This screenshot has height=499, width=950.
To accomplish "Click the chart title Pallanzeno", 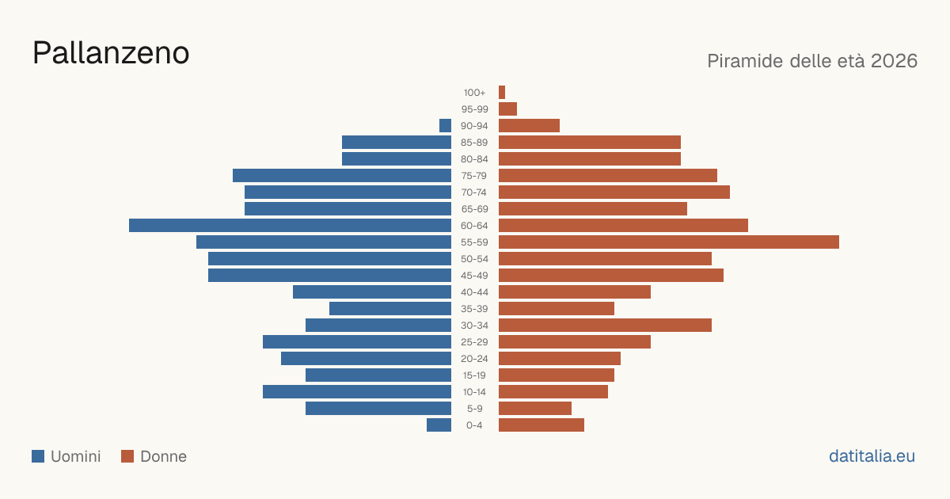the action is [x=111, y=53].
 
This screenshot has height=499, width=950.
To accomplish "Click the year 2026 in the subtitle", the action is [x=894, y=61].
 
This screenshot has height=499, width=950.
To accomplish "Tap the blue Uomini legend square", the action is [x=38, y=456].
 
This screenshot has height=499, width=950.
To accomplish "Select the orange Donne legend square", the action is [x=127, y=456].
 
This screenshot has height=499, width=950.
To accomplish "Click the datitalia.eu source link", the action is [x=872, y=456].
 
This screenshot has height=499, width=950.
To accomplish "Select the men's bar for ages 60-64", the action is [x=290, y=225].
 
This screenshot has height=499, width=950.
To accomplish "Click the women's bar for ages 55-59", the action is [x=669, y=242].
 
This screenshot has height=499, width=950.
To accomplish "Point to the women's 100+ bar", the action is [x=502, y=92].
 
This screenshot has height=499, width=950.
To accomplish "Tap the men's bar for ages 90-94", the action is [x=445, y=126].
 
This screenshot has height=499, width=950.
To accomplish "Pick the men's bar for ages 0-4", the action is [x=439, y=425].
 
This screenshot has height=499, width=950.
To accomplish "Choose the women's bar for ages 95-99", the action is [x=507, y=109].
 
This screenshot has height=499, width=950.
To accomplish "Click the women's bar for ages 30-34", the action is [x=605, y=325].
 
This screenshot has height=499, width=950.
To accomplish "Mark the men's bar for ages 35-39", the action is [x=390, y=308].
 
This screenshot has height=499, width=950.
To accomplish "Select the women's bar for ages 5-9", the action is [x=535, y=408].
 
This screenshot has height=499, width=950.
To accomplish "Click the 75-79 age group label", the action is [x=474, y=176].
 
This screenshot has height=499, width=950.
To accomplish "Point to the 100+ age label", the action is [x=474, y=93].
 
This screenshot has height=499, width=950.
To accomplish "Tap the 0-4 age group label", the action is [x=474, y=425].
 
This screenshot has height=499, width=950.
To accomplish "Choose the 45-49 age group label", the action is [x=474, y=276].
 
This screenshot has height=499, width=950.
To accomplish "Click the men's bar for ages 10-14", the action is [x=357, y=391].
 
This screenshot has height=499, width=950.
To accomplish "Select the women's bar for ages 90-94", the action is [x=530, y=126].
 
